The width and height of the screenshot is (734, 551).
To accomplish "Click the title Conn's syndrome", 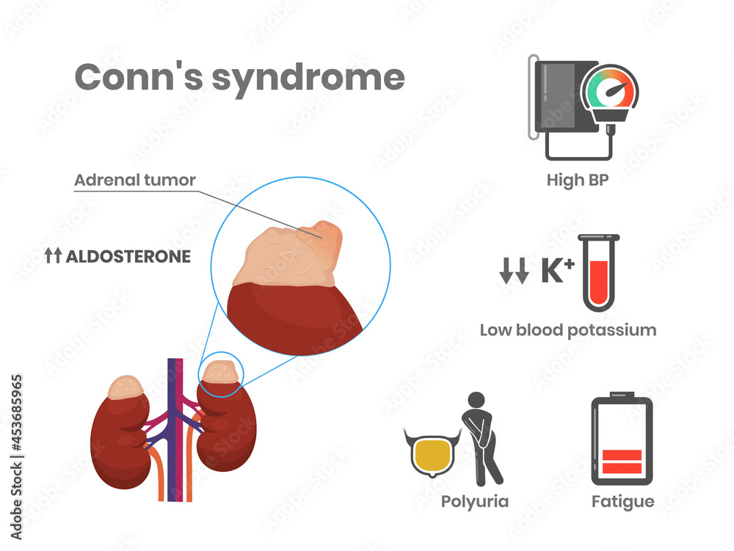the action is pos(239,77).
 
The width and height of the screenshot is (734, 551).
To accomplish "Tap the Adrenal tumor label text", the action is pos(135,180).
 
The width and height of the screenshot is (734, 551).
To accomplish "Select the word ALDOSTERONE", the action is pos(128,257).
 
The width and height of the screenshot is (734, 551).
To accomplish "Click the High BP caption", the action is pos(578,180).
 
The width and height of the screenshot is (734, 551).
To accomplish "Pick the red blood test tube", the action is pos(598,273).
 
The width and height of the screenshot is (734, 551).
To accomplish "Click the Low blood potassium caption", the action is pos(567,329).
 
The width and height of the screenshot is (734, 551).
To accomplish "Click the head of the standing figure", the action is pos(477,401).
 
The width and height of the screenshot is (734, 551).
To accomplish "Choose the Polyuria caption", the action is pos(474,502).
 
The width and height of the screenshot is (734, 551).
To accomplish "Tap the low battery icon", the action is pos(622,440).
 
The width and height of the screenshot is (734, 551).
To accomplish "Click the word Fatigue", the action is pos(622,502).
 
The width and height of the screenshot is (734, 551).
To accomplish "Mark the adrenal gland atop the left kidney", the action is pos(127,387).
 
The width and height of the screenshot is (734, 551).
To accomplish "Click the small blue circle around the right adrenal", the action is pos(220,374).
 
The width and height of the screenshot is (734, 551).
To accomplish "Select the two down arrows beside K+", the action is pos(514,272).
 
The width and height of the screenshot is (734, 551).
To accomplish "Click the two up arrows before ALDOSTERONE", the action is pos(53,257).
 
